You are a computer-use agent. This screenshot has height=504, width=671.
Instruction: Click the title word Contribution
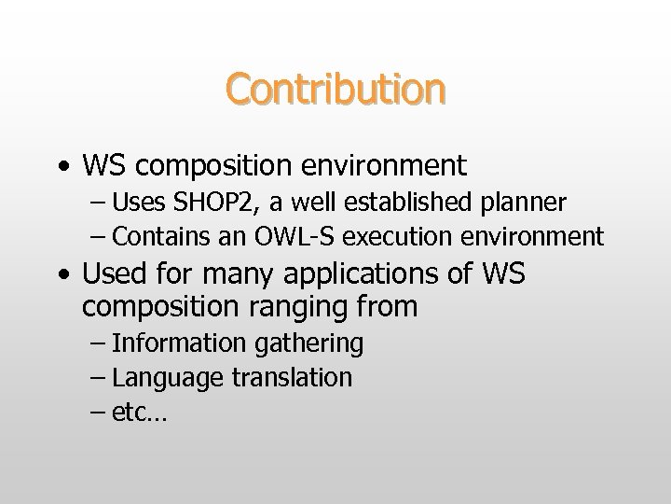click(x=335, y=89)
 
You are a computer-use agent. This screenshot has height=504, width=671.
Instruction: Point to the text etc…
click(x=139, y=413)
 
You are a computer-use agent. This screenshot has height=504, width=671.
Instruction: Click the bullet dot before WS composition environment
click(x=62, y=167)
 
